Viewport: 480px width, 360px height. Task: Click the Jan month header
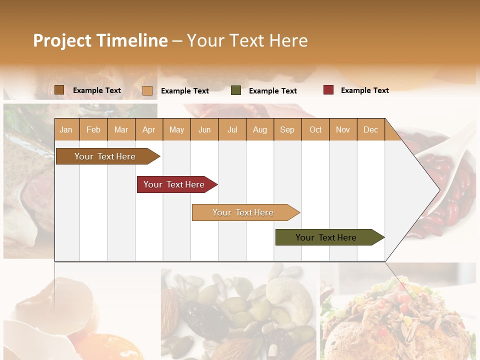pos(66,129)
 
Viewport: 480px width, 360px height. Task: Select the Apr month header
pos(148,129)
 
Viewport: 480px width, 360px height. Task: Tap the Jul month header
pos(232,129)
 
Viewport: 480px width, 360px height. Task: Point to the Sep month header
pos(287,129)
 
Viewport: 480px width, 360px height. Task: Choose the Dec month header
pos(370,129)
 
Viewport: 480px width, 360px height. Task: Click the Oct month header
pos(315,129)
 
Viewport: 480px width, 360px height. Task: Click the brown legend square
pos(59,90)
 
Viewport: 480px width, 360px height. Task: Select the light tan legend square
pos(147,90)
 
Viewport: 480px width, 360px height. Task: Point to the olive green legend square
pos(236,90)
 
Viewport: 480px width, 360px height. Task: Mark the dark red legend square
pos(328,90)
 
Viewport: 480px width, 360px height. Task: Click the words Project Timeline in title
pos(100,40)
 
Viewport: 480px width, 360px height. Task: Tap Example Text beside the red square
pos(364,90)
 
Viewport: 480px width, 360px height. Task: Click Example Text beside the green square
pos(272,91)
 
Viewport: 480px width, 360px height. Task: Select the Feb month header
pos(93,129)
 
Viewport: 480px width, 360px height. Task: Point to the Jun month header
pos(204,129)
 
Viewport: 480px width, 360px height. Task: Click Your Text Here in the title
pos(247,40)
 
